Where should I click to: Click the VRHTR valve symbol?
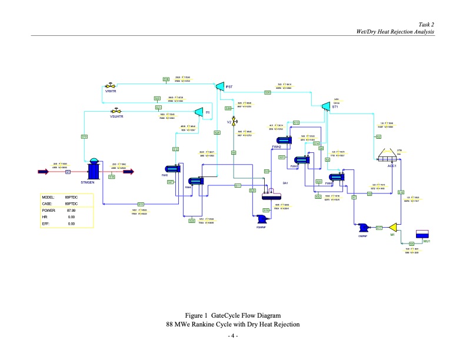(110, 86)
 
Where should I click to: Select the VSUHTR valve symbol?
(116, 111)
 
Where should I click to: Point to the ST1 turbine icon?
(325, 106)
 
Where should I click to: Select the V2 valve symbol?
(234, 121)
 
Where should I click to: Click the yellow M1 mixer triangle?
(395, 227)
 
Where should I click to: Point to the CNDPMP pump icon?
(362, 228)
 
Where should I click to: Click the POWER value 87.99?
(71, 210)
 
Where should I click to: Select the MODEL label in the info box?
(48, 197)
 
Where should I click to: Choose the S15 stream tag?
(141, 204)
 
